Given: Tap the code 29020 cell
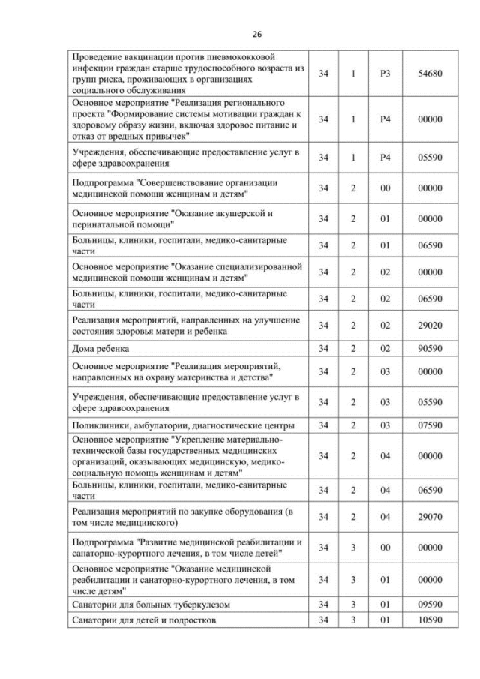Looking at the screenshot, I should pyautogui.click(x=430, y=325).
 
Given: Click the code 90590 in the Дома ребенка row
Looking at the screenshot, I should pyautogui.click(x=430, y=349).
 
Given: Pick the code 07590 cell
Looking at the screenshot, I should pyautogui.click(x=430, y=426).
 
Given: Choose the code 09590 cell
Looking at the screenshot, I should pyautogui.click(x=430, y=605).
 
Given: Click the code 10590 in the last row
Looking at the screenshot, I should pyautogui.click(x=430, y=620).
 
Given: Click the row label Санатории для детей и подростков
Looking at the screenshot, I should pyautogui.click(x=147, y=620).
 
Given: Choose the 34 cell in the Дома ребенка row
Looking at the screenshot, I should pyautogui.click(x=322, y=349).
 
